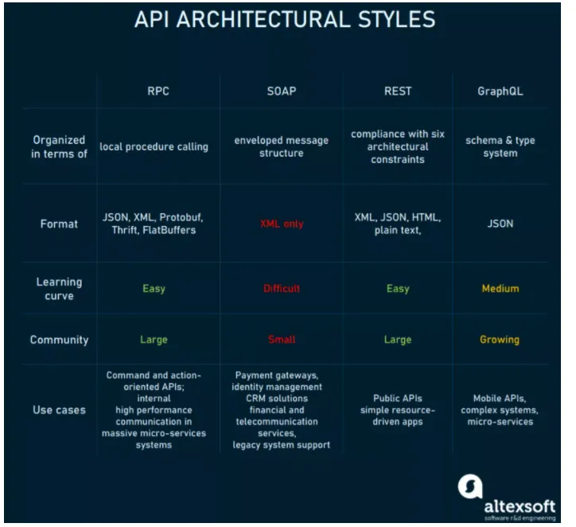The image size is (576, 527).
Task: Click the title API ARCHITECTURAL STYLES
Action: pos(285,19)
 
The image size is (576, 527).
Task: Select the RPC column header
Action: pos(158,91)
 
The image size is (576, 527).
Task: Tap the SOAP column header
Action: pos(282,91)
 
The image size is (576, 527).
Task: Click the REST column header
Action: pos(398,91)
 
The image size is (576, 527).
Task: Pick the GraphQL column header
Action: pos(500,92)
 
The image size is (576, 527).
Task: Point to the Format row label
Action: pos(59,224)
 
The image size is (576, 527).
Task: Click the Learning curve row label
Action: pos(59,289)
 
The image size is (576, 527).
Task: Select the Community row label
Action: pos(59,340)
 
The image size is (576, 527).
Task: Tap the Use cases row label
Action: pos(59,410)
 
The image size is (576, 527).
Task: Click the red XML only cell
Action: pos(282,224)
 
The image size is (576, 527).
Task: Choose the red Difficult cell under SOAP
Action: pos(282,288)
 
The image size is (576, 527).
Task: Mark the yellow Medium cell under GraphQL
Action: pos(500,288)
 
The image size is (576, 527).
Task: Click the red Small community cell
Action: pos(282,340)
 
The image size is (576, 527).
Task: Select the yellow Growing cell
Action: pos(500,340)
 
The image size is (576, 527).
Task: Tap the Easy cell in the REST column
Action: pos(398,289)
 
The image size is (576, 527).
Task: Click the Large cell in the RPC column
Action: pos(154,340)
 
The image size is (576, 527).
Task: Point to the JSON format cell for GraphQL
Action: pos(500,224)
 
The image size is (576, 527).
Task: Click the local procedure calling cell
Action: pos(154,146)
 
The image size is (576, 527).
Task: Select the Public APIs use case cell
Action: pos(398,410)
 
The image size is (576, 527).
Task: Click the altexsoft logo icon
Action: pos(470,486)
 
